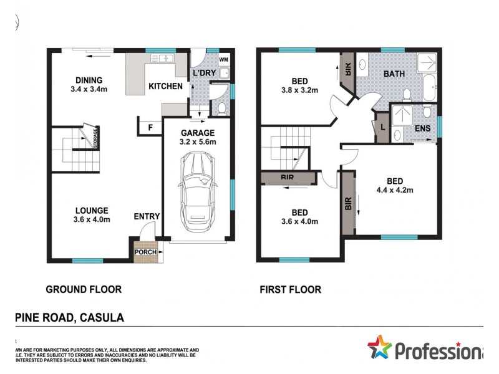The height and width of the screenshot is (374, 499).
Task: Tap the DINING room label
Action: [89, 80]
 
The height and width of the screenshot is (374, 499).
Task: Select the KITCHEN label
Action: [165, 86]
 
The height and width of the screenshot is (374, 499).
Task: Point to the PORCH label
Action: [145, 252]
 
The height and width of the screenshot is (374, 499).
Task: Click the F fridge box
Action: [149, 128]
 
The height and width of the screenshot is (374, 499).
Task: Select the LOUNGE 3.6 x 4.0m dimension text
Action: [92, 219]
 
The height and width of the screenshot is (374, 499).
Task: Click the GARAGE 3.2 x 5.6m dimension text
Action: [198, 142]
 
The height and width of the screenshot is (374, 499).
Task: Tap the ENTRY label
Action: [147, 216]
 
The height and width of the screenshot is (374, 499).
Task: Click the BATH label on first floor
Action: [394, 74]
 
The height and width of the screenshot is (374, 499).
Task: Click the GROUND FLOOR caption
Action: [84, 289]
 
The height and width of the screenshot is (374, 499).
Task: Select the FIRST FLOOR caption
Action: [290, 289]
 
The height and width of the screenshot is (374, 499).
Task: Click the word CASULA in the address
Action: [102, 317]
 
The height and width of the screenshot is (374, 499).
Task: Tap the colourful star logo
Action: [379, 347]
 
